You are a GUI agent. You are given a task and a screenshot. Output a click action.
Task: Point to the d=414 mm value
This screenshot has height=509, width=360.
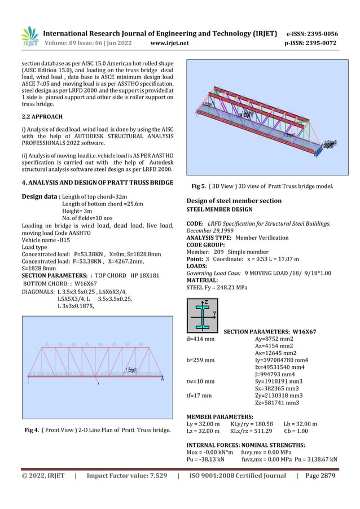[x=200, y=339]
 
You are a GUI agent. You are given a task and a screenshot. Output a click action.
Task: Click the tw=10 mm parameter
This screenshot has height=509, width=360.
[x=200, y=381]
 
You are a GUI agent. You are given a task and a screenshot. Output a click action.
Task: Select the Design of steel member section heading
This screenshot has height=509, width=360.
[x=239, y=201]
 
